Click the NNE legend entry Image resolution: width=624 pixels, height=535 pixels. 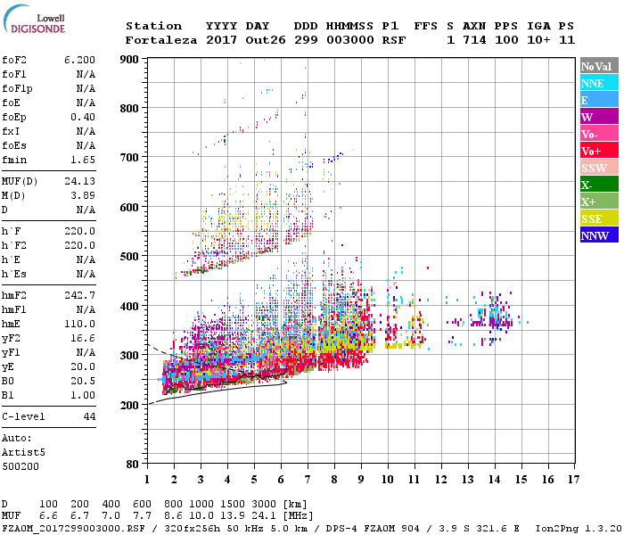(x=598, y=83)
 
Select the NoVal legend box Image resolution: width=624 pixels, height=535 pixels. (x=598, y=66)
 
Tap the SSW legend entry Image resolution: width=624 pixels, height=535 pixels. (x=598, y=168)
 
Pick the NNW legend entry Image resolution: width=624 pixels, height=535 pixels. (x=598, y=235)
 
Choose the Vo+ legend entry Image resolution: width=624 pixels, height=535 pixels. (x=598, y=151)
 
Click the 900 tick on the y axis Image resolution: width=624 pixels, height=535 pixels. (x=130, y=59)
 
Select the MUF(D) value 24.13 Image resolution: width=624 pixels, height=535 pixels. (x=80, y=181)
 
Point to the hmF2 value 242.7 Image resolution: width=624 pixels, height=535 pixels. (x=80, y=295)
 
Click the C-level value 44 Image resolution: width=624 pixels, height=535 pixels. (x=89, y=416)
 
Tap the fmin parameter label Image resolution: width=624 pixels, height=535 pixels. (x=15, y=160)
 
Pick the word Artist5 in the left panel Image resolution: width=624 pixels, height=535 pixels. (x=23, y=452)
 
